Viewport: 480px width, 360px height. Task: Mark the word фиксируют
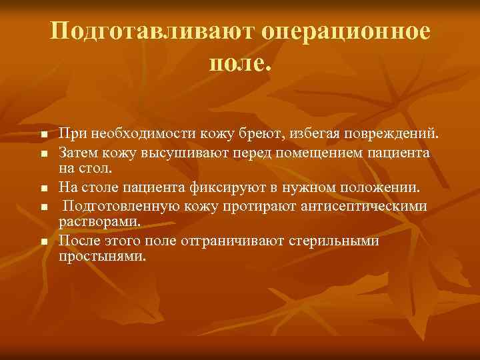[238, 187]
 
